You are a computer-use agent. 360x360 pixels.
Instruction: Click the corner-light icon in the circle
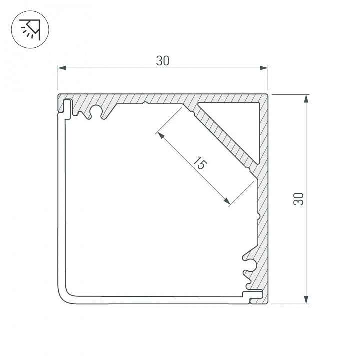tap(29, 29)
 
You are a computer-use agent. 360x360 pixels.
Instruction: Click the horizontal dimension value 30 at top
tap(163, 61)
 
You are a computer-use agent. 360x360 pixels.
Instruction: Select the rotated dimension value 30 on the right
tap(299, 199)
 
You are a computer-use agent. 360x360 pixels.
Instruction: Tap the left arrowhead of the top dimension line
tap(61, 68)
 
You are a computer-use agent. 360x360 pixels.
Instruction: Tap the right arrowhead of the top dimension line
tap(265, 68)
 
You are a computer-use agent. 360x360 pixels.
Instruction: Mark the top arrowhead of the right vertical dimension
tap(306, 97)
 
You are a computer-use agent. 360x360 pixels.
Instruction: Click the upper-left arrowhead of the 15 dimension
tap(159, 134)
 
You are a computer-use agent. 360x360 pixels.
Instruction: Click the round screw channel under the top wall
tap(96, 112)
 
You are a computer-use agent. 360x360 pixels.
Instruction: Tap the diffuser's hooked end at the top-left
tap(66, 107)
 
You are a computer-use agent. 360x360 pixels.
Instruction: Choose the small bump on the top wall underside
tap(145, 104)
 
